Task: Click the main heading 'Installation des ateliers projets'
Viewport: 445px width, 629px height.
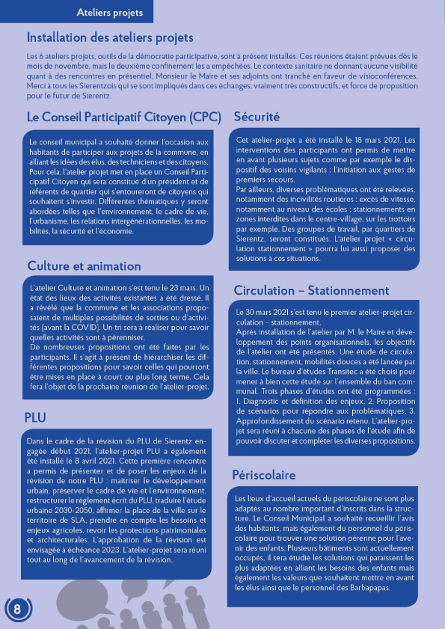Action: pos(109,37)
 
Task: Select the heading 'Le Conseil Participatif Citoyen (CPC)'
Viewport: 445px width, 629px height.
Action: pos(124,117)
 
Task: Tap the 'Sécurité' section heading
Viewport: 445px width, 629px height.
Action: pos(257,117)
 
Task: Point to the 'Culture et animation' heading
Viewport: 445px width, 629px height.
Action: pos(84,266)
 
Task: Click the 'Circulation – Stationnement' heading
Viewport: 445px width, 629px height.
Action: pos(311,290)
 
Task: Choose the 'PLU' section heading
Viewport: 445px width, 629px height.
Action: pos(36,416)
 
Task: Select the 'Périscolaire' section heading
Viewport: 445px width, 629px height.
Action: pos(264,475)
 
